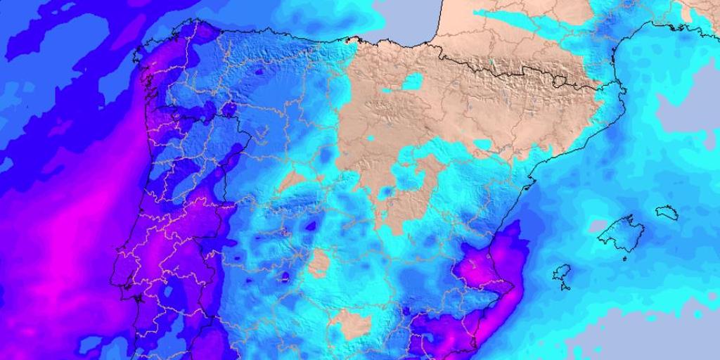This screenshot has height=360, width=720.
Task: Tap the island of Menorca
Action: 667,212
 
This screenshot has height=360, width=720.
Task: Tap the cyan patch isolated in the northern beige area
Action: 411,82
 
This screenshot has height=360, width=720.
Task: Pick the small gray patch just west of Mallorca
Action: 598,226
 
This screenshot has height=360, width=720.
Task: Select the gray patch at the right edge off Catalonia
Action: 693,112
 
